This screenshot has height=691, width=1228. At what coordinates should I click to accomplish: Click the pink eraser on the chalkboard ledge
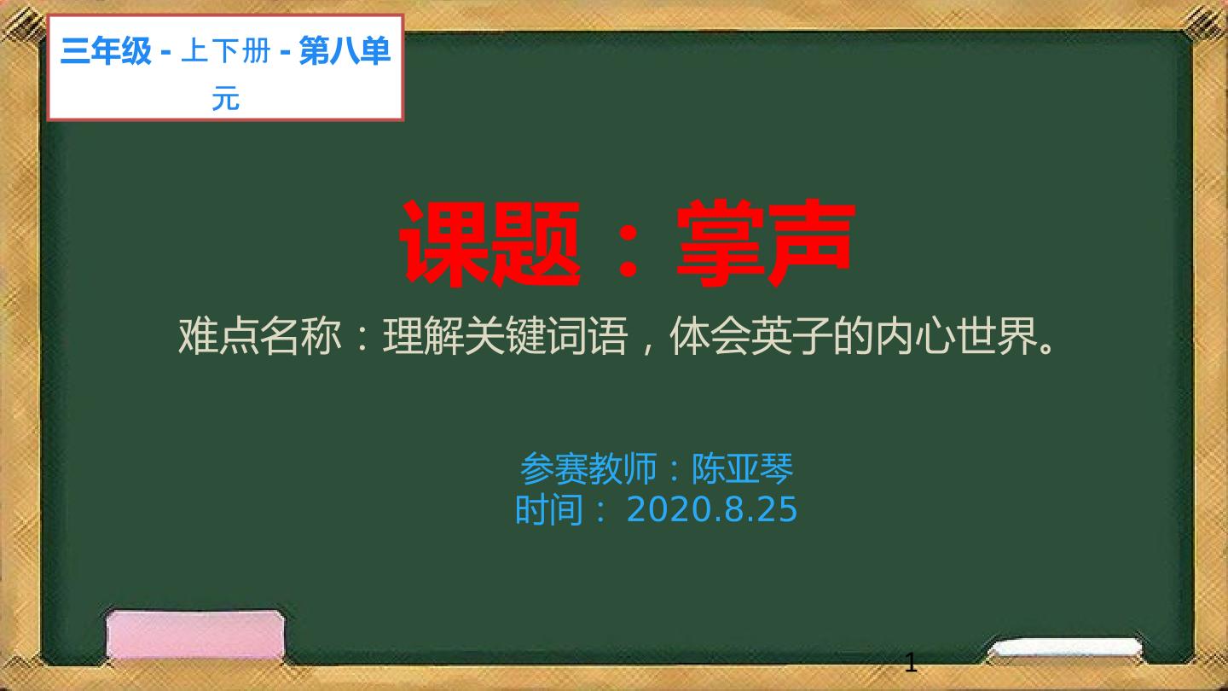point(196,635)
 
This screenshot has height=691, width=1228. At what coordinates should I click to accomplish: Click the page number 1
point(911,664)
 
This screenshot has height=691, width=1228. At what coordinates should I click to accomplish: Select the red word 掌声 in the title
point(765,243)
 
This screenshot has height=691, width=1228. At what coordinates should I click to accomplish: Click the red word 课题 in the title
point(489,243)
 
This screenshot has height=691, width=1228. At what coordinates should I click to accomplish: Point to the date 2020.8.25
point(711,509)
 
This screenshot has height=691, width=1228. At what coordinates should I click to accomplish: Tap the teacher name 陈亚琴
point(742,468)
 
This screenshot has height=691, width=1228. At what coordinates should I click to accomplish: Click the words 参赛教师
point(588,468)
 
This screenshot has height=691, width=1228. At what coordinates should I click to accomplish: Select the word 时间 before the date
point(549,510)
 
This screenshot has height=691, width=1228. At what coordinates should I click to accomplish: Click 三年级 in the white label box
point(106,51)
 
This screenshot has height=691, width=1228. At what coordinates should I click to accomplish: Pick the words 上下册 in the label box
point(225,51)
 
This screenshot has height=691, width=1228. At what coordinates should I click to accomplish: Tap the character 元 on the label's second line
point(226,99)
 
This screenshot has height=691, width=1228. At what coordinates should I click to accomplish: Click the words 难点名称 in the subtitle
point(259,335)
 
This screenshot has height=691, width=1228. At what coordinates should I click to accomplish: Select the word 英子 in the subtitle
point(792,335)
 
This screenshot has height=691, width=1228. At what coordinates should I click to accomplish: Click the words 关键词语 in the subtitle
point(546,335)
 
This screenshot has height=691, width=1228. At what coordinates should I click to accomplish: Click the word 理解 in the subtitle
point(423,335)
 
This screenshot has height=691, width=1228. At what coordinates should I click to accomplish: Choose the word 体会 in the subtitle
point(710,335)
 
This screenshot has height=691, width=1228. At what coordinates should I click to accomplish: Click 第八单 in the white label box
point(345,51)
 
